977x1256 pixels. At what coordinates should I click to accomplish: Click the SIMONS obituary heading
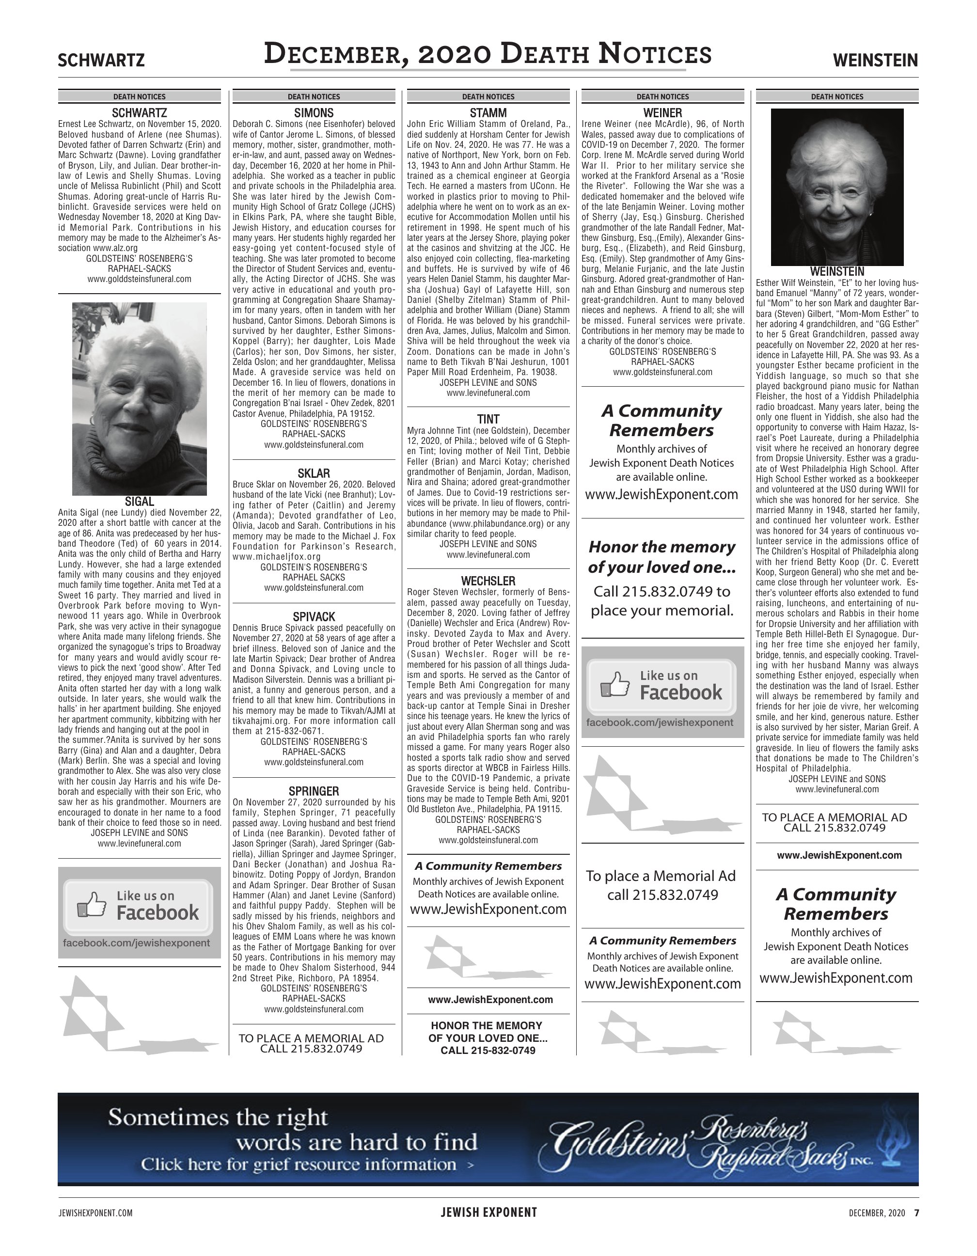(314, 113)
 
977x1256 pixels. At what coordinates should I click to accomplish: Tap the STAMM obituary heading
(488, 113)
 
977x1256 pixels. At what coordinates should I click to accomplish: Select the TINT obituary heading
(488, 419)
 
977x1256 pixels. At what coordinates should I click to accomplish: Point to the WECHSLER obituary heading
(488, 581)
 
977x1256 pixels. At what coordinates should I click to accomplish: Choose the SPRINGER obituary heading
(314, 791)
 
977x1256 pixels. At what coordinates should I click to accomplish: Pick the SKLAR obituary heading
(314, 473)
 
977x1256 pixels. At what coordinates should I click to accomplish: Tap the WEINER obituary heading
(662, 113)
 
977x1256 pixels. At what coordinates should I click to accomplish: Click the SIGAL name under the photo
(139, 502)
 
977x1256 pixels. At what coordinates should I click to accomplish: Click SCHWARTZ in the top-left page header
(101, 60)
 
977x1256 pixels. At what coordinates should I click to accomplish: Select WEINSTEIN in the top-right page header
(875, 60)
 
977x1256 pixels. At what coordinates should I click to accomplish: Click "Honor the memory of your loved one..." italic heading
(662, 557)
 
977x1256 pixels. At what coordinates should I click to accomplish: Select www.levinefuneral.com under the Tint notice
(488, 555)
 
